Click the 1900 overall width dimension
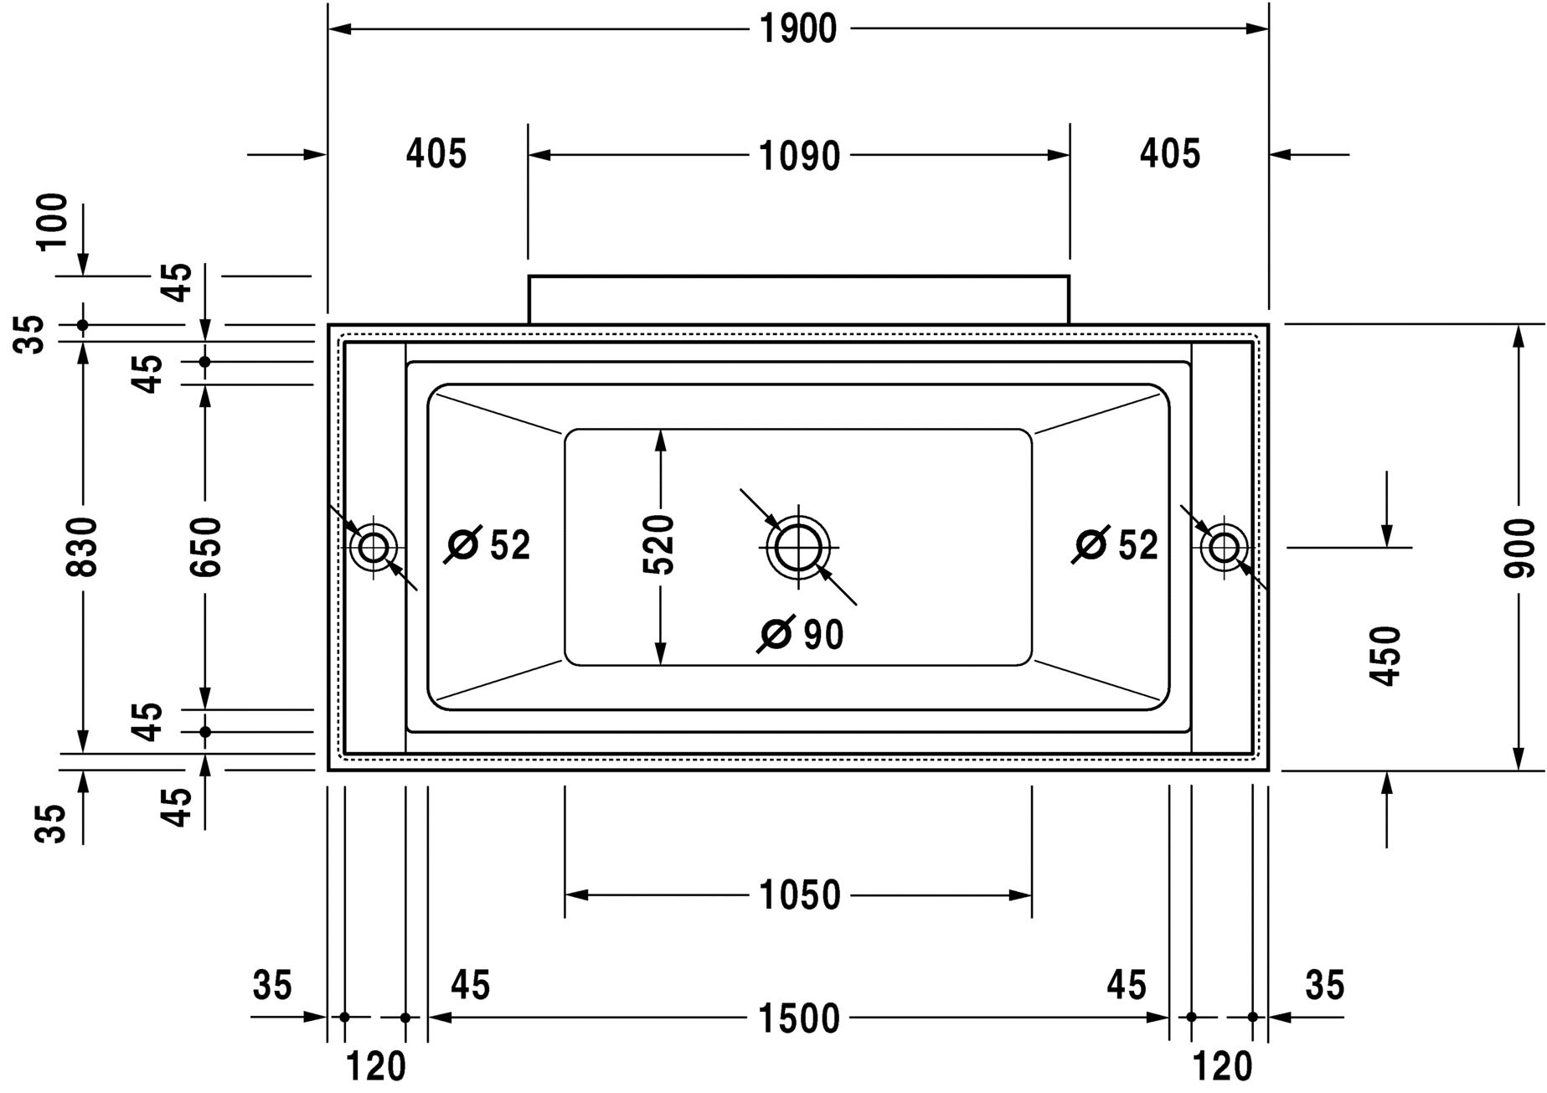[x=798, y=29]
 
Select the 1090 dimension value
[x=798, y=156]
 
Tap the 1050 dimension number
[x=799, y=895]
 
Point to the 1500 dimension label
[x=798, y=1018]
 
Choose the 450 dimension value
[x=1385, y=656]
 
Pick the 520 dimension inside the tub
[x=658, y=544]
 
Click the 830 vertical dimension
[x=83, y=547]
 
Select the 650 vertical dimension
[x=205, y=547]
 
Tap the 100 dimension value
[x=52, y=220]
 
